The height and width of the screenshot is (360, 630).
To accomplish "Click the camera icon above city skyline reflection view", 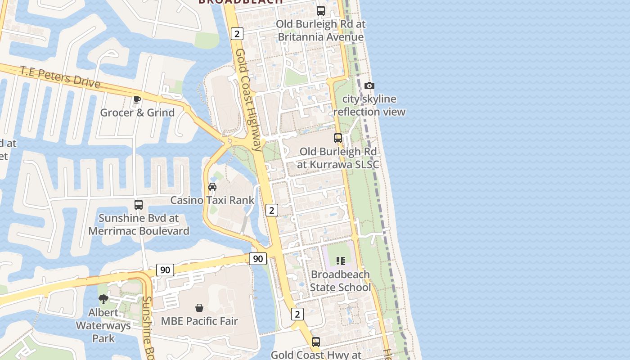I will [x=369, y=85].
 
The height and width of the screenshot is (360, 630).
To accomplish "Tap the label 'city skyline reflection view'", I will [x=369, y=105].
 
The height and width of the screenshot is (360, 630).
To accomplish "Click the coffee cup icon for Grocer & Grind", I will [x=137, y=99].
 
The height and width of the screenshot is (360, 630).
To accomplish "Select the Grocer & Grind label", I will [x=137, y=112].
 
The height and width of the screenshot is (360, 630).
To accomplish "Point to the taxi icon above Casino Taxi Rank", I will [x=212, y=186].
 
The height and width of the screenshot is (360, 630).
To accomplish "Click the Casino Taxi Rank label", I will [x=212, y=200].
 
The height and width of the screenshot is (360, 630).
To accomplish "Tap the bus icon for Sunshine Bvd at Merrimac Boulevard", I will [x=139, y=205].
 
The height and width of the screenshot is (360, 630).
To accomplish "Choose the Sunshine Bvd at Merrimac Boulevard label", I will [x=139, y=225].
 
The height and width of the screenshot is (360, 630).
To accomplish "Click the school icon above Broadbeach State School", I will [x=341, y=261].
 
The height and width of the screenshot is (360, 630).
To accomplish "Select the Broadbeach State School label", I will [x=341, y=281].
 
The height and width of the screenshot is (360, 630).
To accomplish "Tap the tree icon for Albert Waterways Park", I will [x=103, y=299].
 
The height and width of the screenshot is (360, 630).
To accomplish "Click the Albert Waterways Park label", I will [x=103, y=325].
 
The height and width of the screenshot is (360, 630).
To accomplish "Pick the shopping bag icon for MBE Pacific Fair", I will [x=199, y=308].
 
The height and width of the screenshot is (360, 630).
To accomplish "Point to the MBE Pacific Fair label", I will [x=199, y=321].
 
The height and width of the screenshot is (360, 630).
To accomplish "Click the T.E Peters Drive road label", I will [x=60, y=77].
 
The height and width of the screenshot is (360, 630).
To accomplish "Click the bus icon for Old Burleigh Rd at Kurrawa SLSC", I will [x=338, y=138].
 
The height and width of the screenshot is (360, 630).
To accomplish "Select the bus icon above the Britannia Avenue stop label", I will [x=321, y=11].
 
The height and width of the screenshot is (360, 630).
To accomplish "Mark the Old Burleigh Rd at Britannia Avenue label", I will [x=320, y=31].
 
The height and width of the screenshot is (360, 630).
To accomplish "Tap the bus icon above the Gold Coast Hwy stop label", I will [x=316, y=342].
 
